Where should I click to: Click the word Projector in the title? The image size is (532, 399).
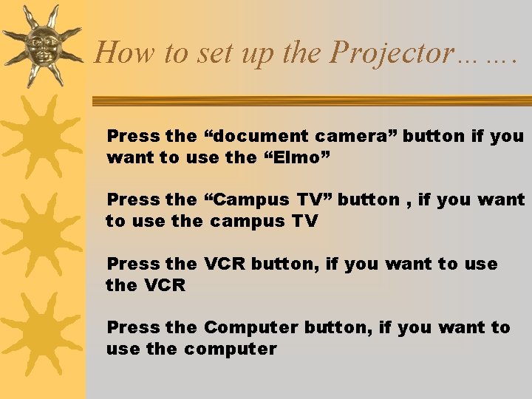point(392,53)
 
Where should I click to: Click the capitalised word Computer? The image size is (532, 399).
point(250,327)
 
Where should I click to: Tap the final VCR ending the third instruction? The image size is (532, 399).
point(165,285)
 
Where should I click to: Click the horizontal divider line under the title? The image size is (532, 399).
point(310,100)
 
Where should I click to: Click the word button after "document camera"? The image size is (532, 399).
point(434,136)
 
